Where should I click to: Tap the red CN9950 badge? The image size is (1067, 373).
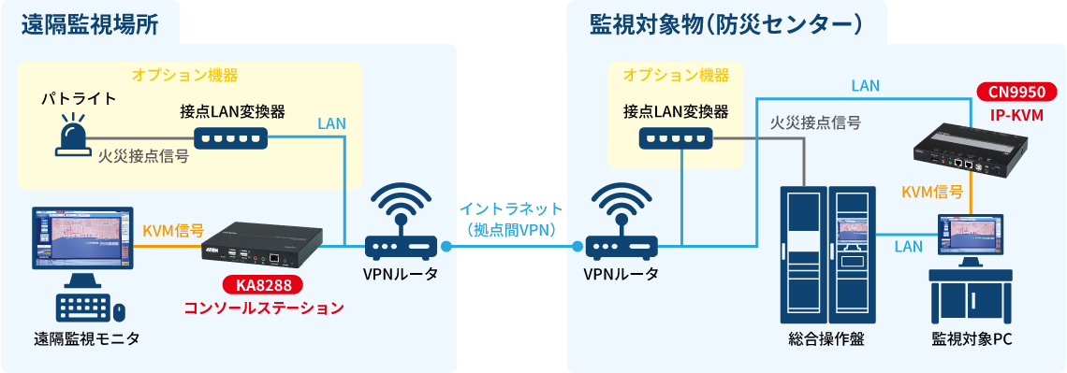pos(1016,92)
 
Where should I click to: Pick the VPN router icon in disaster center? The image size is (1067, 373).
pos(621,224)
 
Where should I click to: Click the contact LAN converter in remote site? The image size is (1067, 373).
pos(231,138)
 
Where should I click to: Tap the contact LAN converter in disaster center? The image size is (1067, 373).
pos(676,138)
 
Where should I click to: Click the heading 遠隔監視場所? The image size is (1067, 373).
pos(88,23)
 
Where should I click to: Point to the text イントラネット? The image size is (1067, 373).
pos(510,208)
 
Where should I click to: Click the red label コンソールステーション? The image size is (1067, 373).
pos(263,308)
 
